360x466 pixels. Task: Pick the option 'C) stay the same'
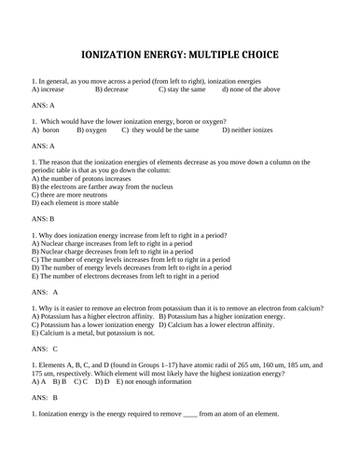[x=182, y=89]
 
